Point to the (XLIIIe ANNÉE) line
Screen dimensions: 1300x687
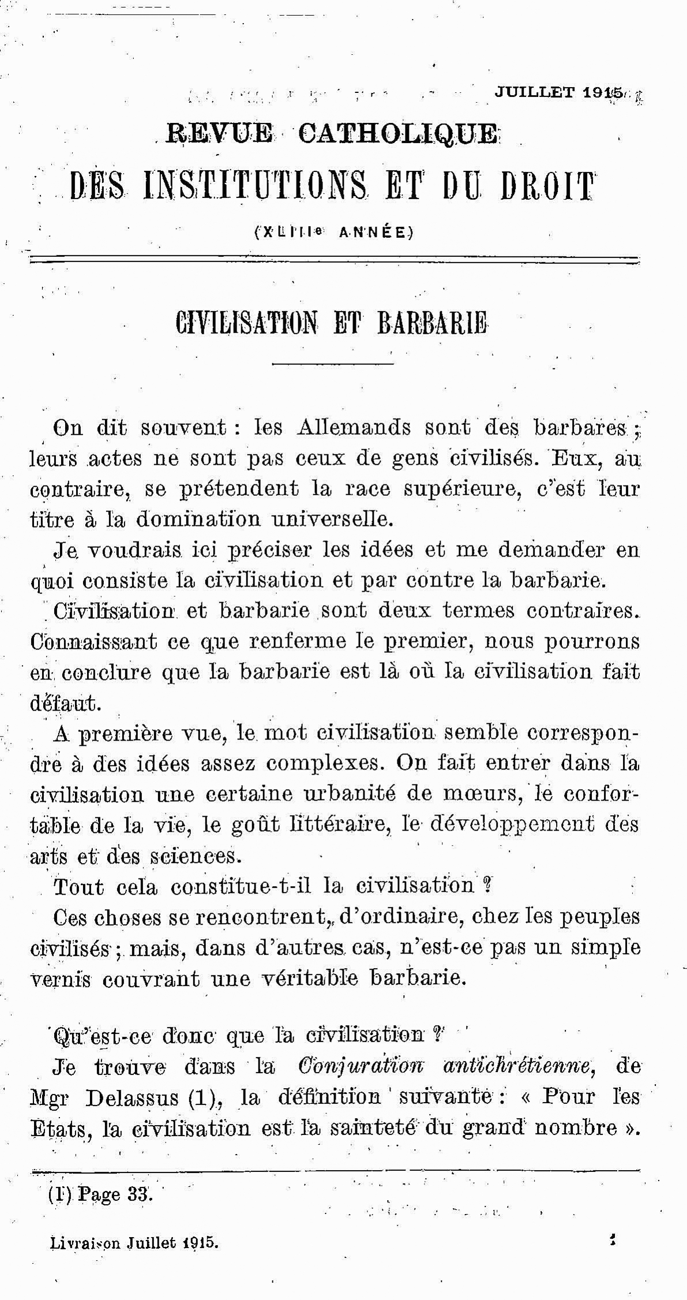(334, 232)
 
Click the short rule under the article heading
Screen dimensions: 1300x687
(332, 364)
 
